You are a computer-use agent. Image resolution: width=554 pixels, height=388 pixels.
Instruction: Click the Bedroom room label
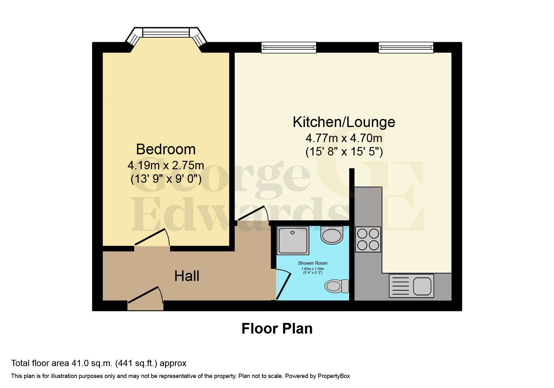(x=166, y=149)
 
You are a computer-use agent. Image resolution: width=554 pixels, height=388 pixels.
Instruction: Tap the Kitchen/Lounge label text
(x=344, y=122)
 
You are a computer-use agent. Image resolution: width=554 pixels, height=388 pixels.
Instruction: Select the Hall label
(x=187, y=276)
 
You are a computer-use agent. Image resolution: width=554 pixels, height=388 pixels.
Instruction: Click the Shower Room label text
(x=313, y=263)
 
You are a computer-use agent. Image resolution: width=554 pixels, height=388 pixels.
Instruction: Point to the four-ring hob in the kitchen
(x=368, y=239)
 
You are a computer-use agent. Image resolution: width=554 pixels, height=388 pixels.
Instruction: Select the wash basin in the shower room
(x=332, y=236)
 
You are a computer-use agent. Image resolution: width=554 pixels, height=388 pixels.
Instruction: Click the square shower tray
(x=293, y=240)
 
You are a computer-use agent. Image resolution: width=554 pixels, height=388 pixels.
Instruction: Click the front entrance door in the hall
(x=145, y=296)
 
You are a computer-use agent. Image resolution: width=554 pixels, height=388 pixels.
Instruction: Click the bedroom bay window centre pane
(x=166, y=33)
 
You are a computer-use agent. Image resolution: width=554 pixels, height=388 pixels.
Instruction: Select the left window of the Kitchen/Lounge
(x=288, y=48)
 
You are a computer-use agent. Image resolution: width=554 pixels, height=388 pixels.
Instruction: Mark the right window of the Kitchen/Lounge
(x=406, y=48)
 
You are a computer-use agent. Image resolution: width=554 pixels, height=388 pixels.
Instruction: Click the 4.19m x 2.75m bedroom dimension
(x=166, y=165)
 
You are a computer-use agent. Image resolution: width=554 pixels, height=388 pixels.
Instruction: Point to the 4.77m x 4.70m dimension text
(x=344, y=138)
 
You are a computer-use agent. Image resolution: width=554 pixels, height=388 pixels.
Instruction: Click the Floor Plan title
(x=277, y=329)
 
